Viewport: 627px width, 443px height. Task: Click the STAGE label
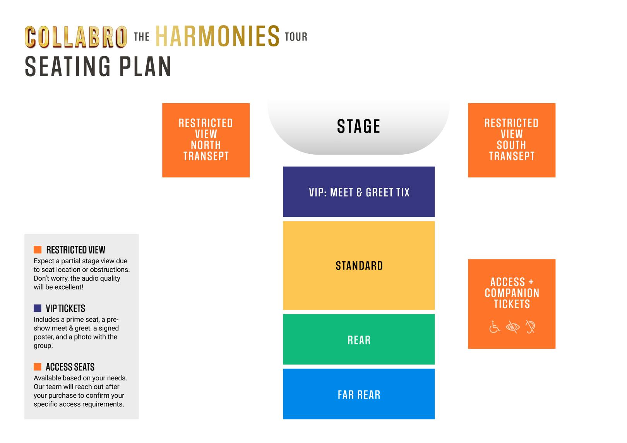(x=358, y=126)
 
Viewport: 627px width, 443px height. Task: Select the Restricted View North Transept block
(x=206, y=140)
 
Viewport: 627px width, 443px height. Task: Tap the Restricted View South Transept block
(x=512, y=140)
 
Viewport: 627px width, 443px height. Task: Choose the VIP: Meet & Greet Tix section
(x=359, y=192)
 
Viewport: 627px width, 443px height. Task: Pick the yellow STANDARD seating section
(x=359, y=266)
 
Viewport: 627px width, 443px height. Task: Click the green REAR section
(x=359, y=339)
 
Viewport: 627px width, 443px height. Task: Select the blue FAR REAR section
(x=359, y=394)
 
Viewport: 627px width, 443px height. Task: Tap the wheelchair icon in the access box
(x=495, y=327)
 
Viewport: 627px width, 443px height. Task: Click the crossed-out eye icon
(x=513, y=327)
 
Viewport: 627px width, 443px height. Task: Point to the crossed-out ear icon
(x=530, y=327)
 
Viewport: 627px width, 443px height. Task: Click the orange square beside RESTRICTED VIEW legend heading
(x=38, y=249)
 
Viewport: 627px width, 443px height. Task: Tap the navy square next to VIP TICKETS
(x=38, y=308)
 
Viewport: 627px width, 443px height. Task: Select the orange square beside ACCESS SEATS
(x=38, y=366)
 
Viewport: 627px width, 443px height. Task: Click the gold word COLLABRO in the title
(x=76, y=37)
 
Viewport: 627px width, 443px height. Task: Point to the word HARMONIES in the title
(x=218, y=36)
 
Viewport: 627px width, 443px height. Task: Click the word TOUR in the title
(x=296, y=37)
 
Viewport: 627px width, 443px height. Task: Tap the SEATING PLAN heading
(x=98, y=66)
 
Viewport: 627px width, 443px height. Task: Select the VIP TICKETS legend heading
(x=65, y=308)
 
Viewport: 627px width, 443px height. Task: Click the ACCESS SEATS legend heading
(x=70, y=367)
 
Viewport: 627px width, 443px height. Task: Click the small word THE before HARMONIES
(x=142, y=37)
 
